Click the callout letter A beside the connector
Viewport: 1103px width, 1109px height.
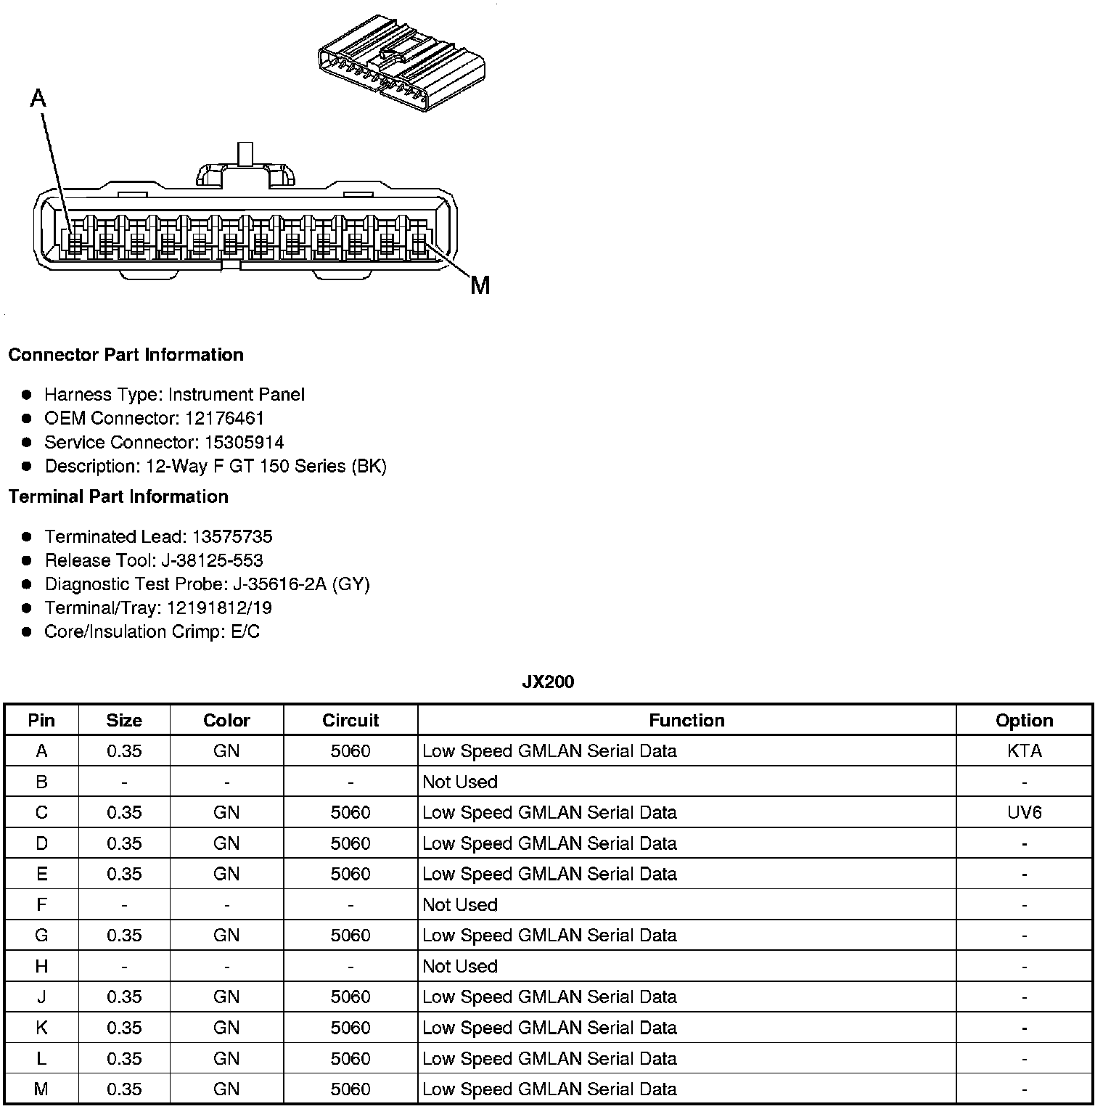(x=38, y=97)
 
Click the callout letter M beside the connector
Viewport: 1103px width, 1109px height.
(x=480, y=285)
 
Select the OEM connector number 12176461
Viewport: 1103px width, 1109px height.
(x=224, y=418)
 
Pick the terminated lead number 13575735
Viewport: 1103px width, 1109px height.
(x=231, y=536)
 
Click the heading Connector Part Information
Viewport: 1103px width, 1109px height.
(x=126, y=354)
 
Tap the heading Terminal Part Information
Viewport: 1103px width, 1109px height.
(x=118, y=496)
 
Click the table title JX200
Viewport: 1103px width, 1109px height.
(x=548, y=682)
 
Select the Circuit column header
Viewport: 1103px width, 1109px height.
(x=350, y=720)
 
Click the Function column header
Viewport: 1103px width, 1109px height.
(x=686, y=720)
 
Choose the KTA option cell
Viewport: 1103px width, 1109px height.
(x=1024, y=750)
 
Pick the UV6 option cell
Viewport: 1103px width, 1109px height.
(x=1024, y=812)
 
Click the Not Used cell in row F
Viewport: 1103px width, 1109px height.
(x=460, y=904)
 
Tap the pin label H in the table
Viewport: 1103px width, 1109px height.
(x=41, y=966)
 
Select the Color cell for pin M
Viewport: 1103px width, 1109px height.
(x=226, y=1089)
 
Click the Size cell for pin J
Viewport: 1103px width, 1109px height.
(x=124, y=997)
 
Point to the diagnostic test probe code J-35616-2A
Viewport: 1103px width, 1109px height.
(x=279, y=584)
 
